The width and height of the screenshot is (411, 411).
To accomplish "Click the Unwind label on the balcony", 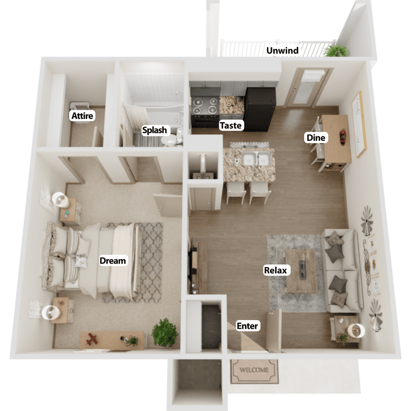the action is tap(282, 50).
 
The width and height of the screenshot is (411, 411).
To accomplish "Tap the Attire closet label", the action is tap(82, 116).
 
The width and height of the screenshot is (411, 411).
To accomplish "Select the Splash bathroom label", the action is tap(155, 130).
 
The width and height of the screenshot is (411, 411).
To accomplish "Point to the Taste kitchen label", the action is tap(231, 125).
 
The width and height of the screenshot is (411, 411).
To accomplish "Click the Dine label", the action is tap(316, 138).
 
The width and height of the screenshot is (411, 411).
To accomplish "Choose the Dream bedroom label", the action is tap(113, 260).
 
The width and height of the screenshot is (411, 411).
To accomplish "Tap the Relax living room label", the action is tap(276, 270).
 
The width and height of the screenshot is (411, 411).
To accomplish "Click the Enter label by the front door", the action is tap(247, 326).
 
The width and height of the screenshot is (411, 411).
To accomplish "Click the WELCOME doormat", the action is tap(254, 371).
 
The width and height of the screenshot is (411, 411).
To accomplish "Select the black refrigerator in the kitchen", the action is tap(259, 110).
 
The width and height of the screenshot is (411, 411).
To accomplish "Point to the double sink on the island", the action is tap(256, 159).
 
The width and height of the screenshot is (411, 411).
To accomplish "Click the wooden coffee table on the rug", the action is tap(301, 271).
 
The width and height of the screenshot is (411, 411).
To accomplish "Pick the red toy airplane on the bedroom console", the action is tap(92, 339).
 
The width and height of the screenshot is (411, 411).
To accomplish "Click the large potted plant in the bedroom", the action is tap(165, 333).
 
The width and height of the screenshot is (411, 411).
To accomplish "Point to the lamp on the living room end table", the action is tap(356, 331).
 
